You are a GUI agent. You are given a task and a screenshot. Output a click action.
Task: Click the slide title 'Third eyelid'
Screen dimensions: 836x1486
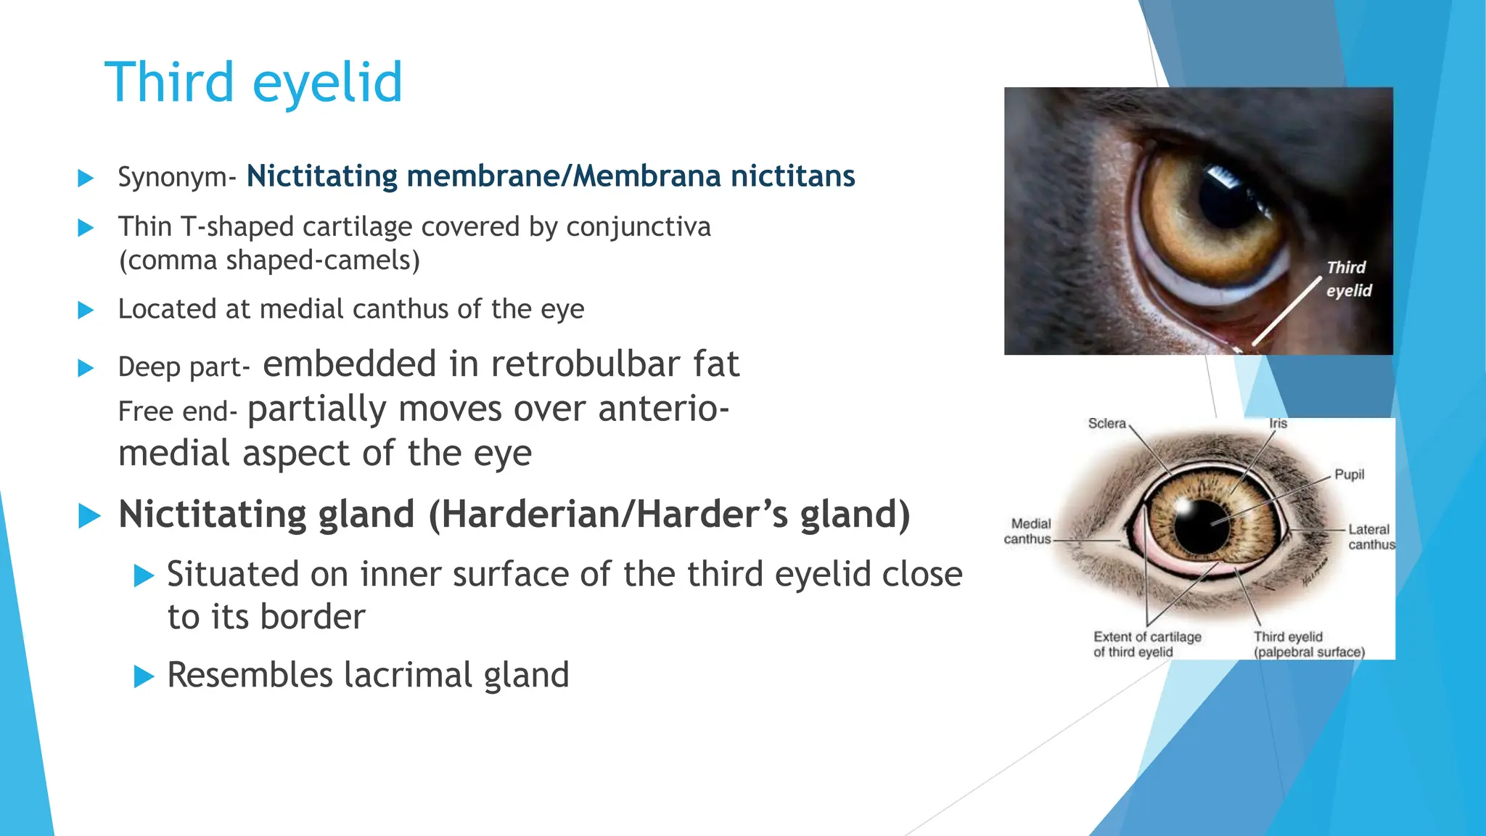click(253, 82)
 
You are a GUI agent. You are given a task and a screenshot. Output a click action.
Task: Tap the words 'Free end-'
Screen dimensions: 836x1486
click(177, 411)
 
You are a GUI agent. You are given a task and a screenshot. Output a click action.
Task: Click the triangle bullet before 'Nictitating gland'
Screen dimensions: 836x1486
click(89, 516)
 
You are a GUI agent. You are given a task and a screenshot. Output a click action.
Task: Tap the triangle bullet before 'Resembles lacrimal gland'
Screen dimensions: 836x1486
click(144, 677)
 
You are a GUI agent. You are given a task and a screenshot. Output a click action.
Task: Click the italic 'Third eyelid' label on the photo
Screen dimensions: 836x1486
click(1348, 279)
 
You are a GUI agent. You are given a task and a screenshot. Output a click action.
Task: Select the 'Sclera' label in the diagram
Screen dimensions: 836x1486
click(1107, 424)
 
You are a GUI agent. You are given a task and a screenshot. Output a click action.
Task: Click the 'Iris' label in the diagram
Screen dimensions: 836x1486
click(1278, 424)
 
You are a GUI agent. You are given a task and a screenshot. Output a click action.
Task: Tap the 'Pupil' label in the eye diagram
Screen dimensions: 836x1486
click(1349, 475)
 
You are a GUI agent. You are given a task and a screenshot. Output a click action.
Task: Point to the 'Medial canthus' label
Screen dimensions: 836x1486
click(1027, 531)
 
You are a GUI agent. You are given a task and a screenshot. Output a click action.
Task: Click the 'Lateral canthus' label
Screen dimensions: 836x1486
click(1370, 537)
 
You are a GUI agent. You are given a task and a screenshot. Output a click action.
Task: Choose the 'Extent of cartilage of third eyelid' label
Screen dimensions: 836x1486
click(1146, 644)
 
